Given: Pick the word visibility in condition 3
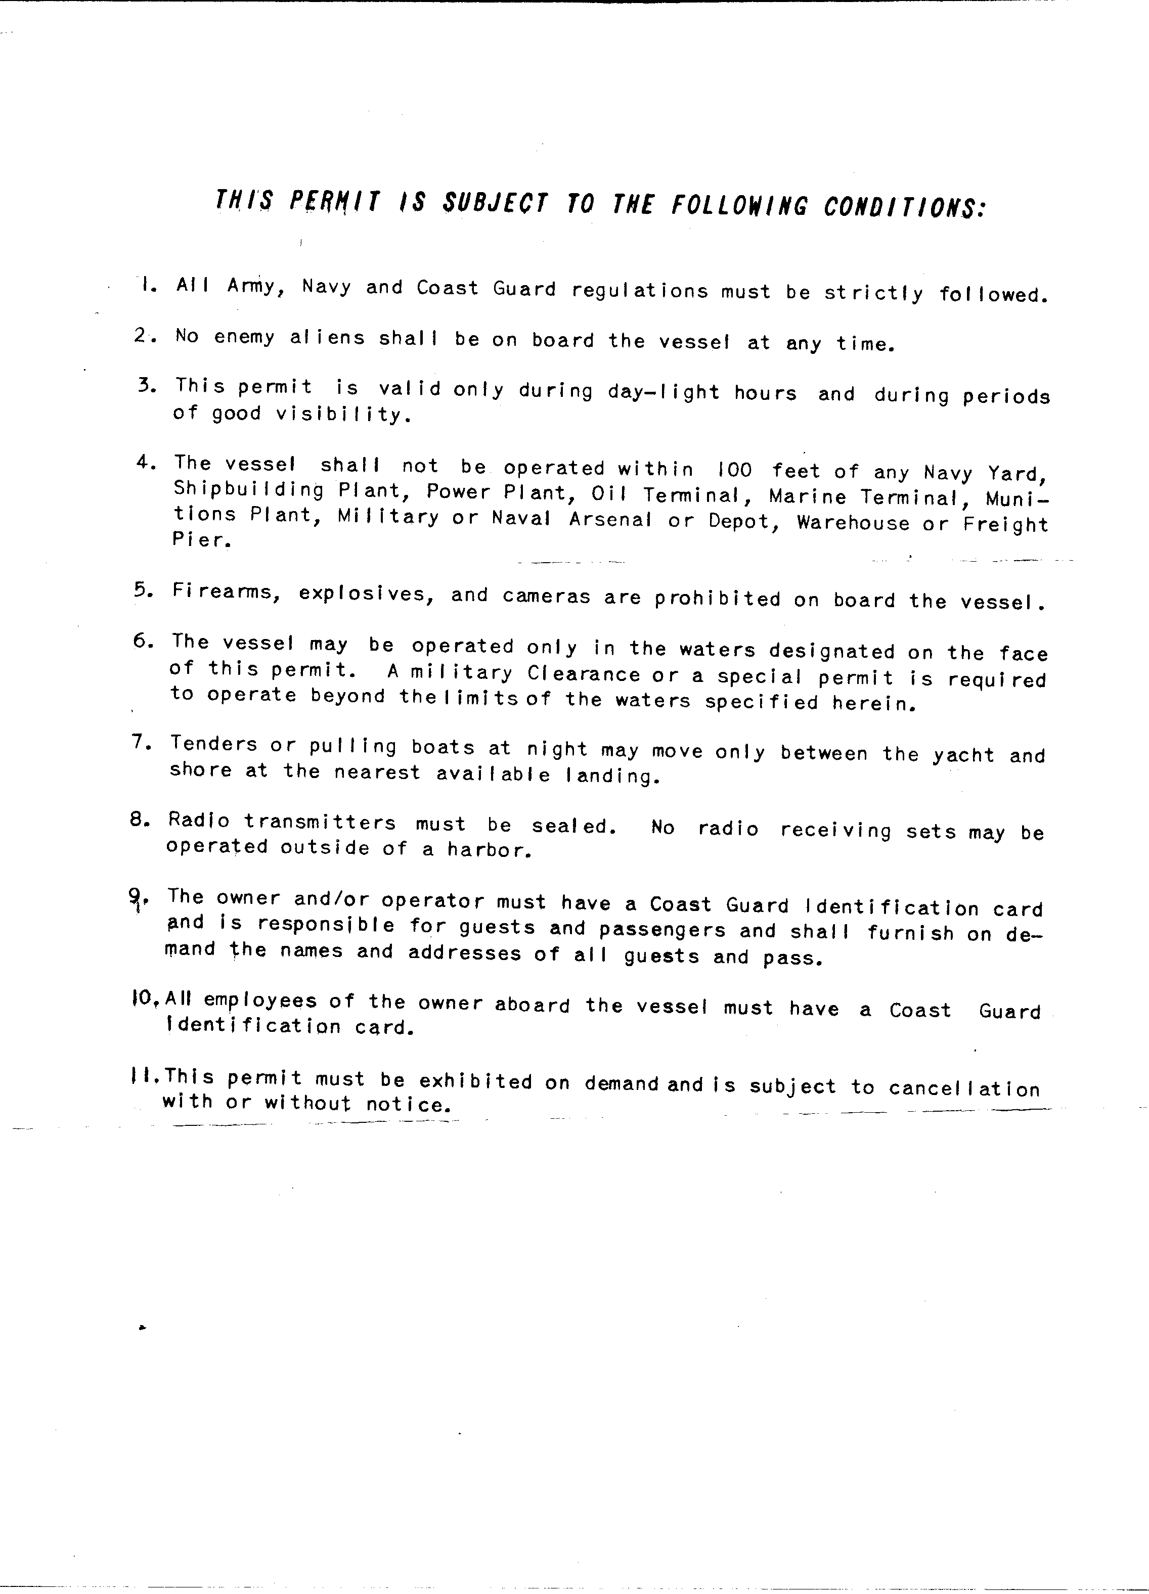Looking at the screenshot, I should click(342, 414).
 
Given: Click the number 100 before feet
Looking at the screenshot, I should click(735, 470).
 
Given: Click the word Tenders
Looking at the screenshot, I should click(214, 744).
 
